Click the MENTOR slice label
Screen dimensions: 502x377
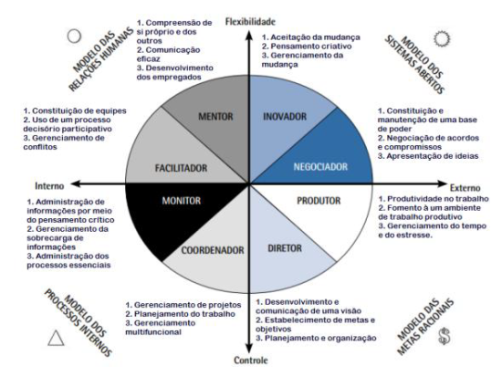coord(215,116)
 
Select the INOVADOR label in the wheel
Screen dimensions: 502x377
coord(285,116)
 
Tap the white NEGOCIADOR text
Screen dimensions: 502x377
coord(320,166)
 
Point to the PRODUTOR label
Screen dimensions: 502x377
coord(319,201)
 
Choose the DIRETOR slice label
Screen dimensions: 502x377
coord(285,248)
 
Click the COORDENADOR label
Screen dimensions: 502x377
coord(213,250)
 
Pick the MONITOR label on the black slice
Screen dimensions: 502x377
coord(182,201)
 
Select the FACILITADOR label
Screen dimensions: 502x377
coord(181,168)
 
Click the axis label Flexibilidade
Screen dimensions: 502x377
coord(250,22)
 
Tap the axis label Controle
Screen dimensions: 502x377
coord(251,360)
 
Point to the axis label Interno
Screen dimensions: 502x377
coord(49,186)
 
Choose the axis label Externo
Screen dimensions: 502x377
coord(465,188)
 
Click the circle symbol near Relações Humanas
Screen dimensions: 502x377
coord(74,36)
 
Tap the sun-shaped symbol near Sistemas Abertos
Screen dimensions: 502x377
coord(442,38)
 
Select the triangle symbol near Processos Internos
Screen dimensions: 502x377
coord(56,339)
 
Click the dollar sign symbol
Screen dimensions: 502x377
coord(444,336)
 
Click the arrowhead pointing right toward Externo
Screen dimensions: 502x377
coord(442,183)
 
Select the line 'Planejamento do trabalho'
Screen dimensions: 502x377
coord(184,314)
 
